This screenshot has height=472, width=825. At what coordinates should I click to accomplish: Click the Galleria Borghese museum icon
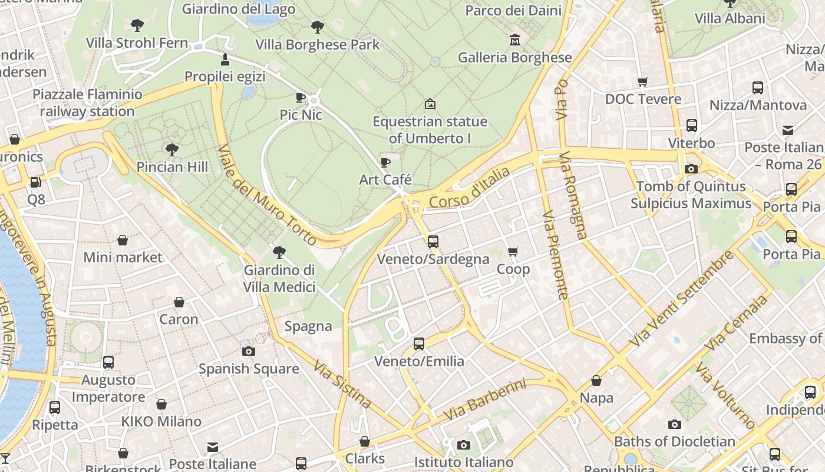click(515, 40)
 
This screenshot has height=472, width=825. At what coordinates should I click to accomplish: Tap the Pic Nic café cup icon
click(301, 97)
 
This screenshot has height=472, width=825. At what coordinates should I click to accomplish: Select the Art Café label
click(385, 179)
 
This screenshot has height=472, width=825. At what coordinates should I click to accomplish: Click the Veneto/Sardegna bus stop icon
click(433, 241)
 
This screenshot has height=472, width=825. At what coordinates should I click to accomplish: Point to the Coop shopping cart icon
click(513, 252)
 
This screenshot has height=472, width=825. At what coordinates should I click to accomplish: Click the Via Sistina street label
click(342, 384)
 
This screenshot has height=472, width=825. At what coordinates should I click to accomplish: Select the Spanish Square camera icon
click(249, 351)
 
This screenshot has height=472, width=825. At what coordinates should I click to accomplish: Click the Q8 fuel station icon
click(36, 182)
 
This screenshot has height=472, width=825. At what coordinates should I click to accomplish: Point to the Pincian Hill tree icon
click(172, 149)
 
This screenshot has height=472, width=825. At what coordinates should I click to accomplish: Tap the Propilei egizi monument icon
click(225, 59)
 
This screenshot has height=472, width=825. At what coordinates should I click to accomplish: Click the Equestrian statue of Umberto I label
click(430, 130)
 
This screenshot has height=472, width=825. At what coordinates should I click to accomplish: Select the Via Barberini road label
click(484, 400)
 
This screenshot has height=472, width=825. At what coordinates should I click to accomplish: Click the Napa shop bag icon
click(596, 381)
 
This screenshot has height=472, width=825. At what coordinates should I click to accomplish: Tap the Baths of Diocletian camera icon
click(675, 424)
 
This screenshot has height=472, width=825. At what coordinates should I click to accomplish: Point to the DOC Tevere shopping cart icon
click(642, 81)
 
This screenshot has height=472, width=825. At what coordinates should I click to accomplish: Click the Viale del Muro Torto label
click(268, 195)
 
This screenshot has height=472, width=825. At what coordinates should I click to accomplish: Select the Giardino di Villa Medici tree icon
click(279, 253)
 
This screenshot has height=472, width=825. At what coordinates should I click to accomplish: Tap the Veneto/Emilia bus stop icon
click(419, 343)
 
